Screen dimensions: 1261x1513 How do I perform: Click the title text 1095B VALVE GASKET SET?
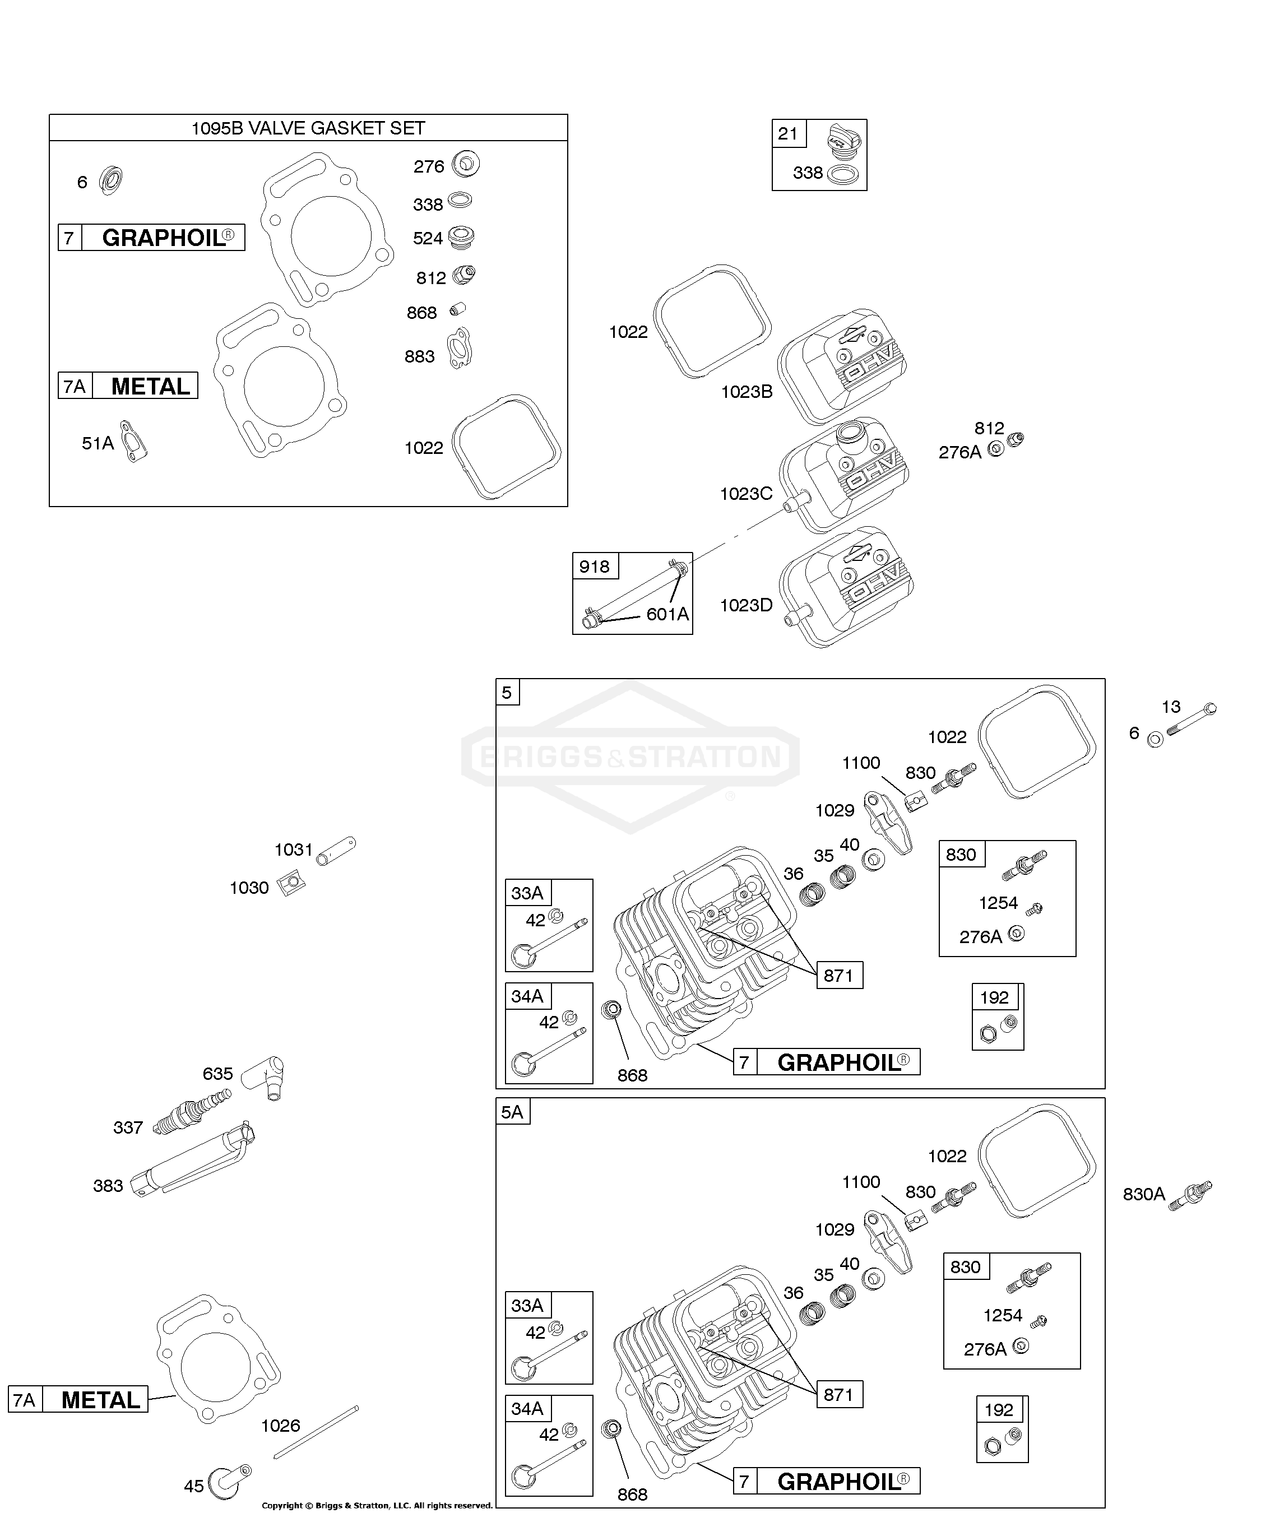[308, 128]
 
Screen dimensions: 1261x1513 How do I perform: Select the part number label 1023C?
[746, 494]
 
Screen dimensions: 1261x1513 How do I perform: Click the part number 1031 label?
[293, 850]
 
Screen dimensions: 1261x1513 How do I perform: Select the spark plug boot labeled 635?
[265, 1079]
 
